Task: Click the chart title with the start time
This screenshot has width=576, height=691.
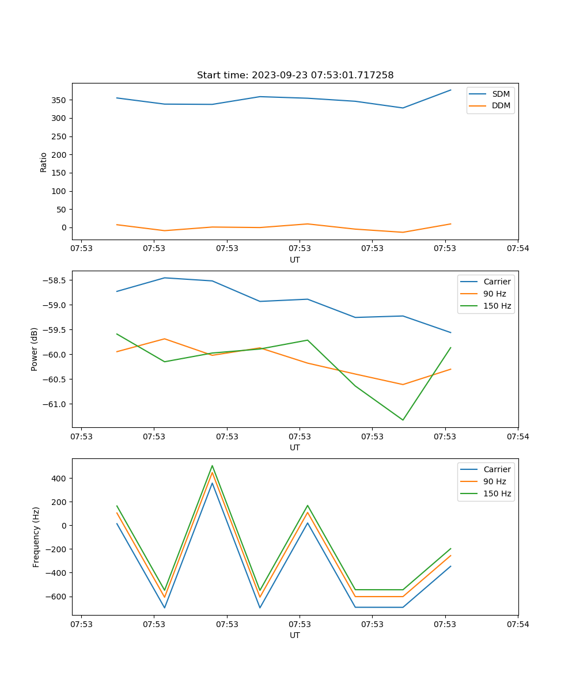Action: [x=295, y=75]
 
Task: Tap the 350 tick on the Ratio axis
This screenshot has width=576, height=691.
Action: [x=59, y=100]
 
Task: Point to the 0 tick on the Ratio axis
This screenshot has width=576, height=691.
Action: [x=64, y=227]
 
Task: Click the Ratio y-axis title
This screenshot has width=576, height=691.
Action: [x=44, y=162]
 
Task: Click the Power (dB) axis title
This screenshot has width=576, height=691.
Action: [x=35, y=349]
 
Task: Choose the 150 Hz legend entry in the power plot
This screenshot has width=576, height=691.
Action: [x=497, y=306]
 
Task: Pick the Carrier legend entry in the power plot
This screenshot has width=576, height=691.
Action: [x=497, y=282]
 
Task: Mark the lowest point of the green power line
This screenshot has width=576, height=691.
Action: [x=403, y=420]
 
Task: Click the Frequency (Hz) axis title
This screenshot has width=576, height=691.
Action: [x=36, y=537]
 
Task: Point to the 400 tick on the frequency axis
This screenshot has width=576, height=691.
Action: [x=59, y=479]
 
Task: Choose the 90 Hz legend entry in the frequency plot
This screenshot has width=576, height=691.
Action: [x=494, y=481]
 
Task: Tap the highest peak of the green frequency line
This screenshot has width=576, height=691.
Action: [x=212, y=465]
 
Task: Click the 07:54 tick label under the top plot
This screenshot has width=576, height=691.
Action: [x=517, y=249]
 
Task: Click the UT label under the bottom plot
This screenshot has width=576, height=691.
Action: [x=295, y=635]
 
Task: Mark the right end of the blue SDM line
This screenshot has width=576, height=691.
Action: [x=450, y=90]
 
